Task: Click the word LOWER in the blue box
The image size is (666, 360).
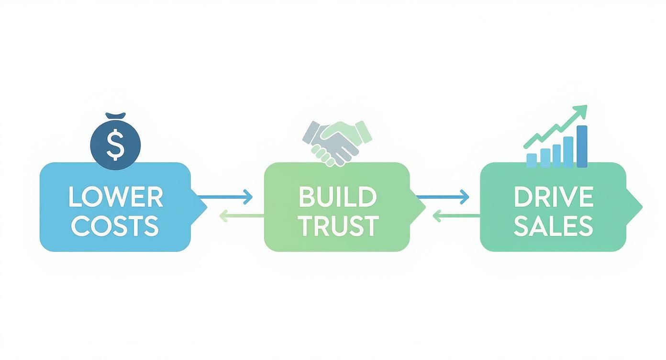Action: pos(115,197)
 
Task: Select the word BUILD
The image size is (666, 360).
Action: pos(337,197)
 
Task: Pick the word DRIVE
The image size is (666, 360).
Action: pos(554,197)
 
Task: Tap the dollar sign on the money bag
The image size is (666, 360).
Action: pos(115,146)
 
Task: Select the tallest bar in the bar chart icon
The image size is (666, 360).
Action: pos(582,146)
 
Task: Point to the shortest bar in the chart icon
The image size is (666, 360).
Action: pos(532,160)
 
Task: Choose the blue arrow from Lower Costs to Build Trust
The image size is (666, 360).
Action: pos(225,196)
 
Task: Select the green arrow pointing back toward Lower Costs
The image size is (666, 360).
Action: pos(241,216)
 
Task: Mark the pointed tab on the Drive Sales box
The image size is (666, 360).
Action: pos(634,206)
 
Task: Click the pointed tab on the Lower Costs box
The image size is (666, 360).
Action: pos(200,206)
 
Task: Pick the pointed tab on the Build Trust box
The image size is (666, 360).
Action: pos(418,206)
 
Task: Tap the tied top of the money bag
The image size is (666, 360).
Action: pos(115,116)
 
